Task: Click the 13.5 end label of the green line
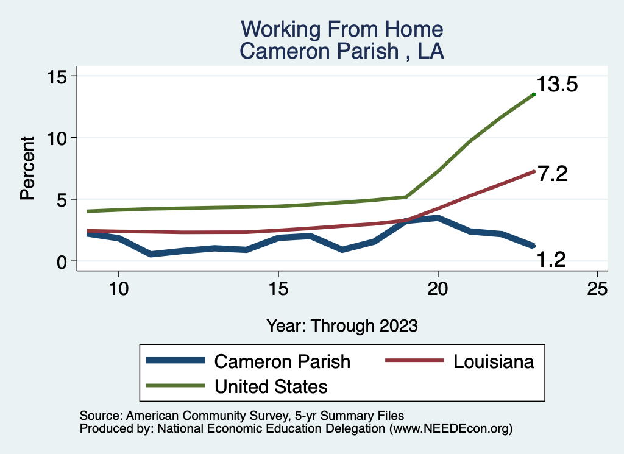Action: [557, 85]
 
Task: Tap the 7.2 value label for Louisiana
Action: [552, 174]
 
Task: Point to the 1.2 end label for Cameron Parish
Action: [551, 260]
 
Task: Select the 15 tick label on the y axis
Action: [60, 76]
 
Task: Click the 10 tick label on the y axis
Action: [60, 138]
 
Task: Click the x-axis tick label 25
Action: [597, 289]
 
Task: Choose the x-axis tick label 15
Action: [278, 289]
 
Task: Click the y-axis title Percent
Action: [27, 168]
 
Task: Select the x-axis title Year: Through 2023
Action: [342, 325]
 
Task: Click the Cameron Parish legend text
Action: [282, 361]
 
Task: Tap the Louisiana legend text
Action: [494, 361]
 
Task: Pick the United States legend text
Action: [271, 386]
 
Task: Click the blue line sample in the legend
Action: [175, 361]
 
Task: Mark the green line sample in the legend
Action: [175, 386]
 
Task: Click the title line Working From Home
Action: [342, 29]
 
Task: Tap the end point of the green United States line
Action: [534, 94]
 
